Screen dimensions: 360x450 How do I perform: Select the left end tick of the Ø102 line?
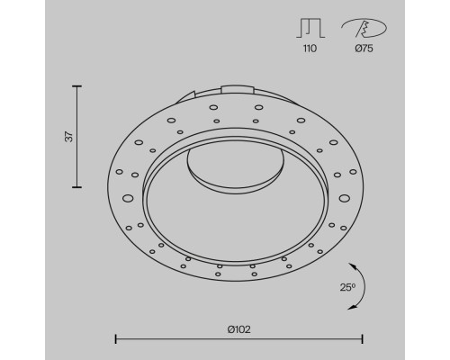point(115,339)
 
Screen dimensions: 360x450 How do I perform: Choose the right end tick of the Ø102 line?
point(362,339)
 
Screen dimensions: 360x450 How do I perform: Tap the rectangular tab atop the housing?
point(238,88)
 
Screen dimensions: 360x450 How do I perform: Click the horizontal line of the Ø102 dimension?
point(238,339)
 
